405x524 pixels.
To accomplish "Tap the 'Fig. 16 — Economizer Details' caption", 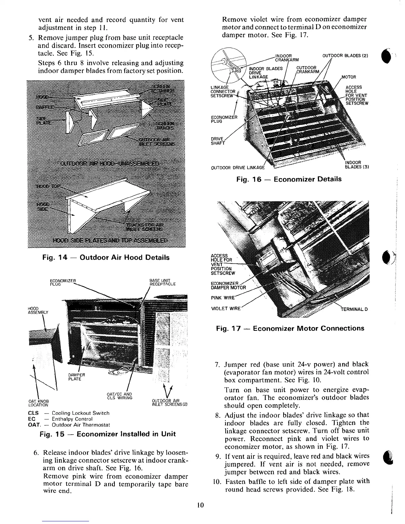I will coord(289,179).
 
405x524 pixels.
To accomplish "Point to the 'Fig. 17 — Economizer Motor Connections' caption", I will coord(290,328).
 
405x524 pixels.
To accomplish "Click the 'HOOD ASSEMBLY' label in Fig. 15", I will coord(38,310).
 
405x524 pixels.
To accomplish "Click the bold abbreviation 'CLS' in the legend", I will coord(34,413).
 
